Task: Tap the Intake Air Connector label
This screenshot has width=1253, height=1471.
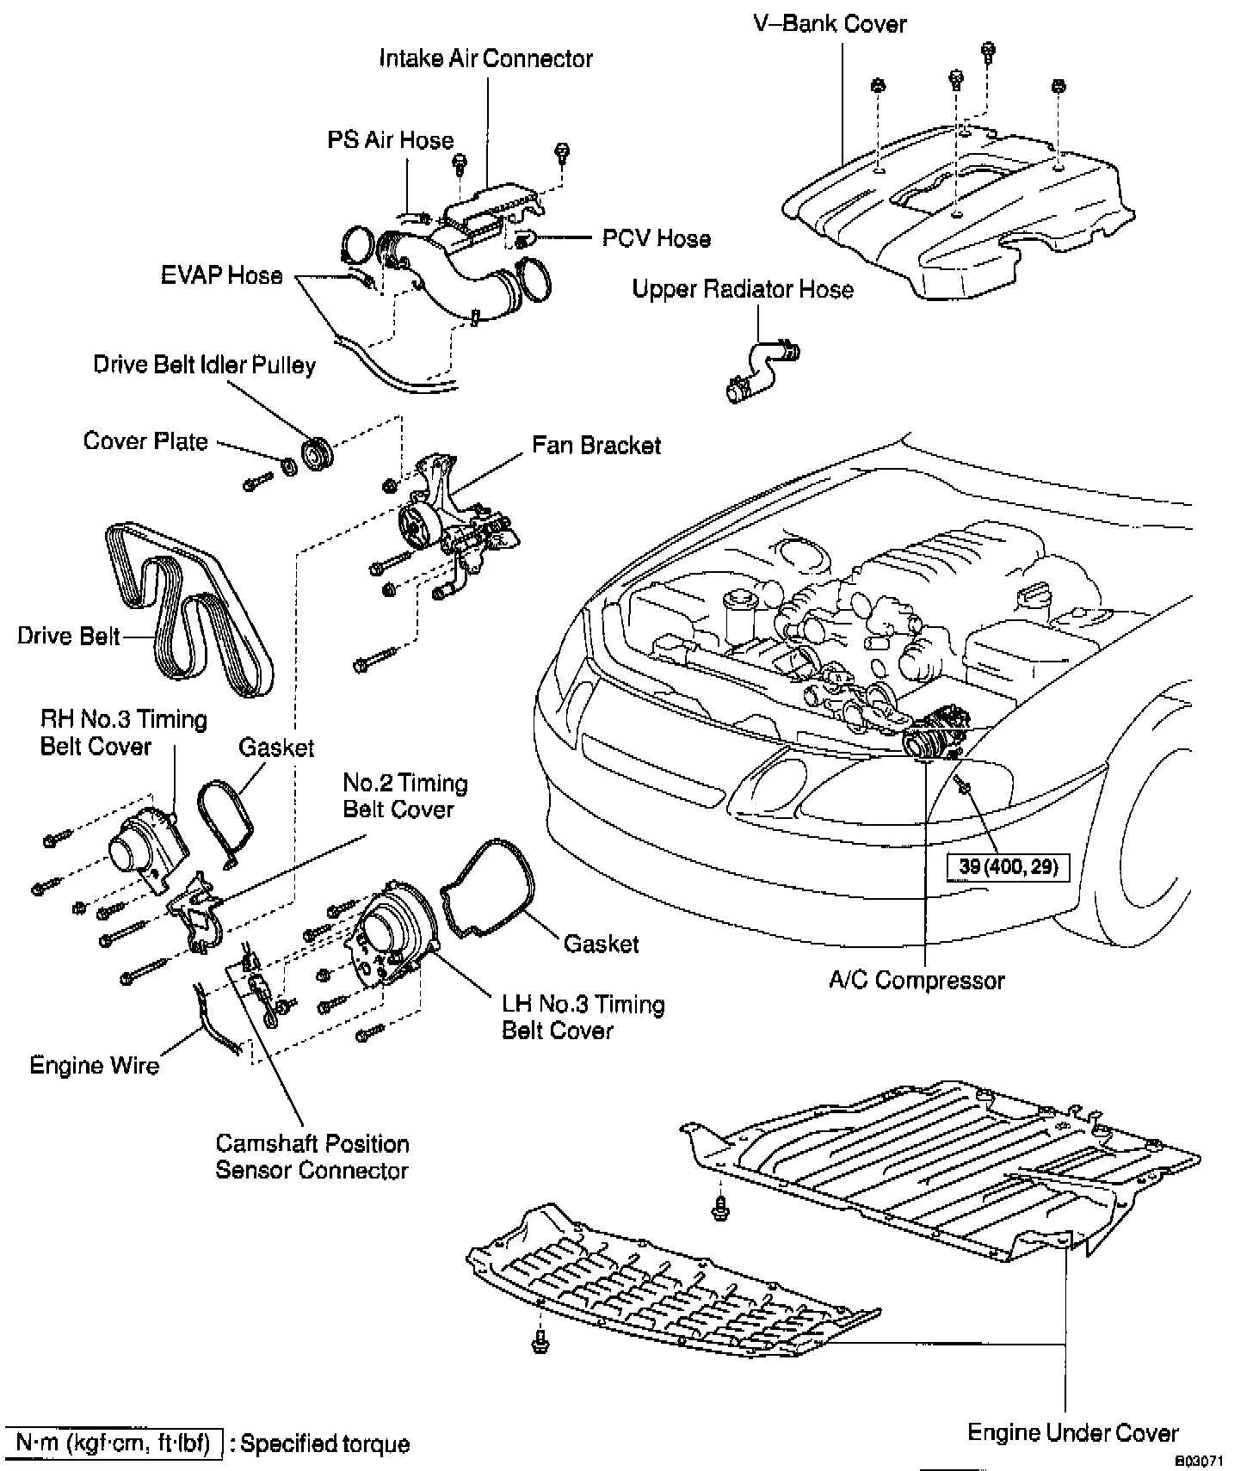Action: click(486, 58)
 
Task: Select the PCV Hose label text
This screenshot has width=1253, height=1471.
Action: click(657, 238)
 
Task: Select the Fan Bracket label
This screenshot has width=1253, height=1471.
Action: click(596, 446)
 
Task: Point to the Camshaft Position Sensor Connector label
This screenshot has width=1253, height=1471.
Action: click(312, 1157)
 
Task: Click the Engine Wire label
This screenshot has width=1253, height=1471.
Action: click(95, 1066)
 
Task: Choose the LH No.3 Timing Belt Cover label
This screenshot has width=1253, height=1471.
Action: click(583, 1018)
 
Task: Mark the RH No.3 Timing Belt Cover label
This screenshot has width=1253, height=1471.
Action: click(124, 732)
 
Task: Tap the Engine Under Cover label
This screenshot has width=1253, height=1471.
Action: click(1073, 1433)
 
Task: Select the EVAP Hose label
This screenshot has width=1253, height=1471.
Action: click(222, 275)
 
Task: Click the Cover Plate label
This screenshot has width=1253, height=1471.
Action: click(145, 441)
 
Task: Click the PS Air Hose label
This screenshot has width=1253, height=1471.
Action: click(391, 140)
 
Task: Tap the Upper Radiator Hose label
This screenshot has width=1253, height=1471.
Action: click(743, 289)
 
